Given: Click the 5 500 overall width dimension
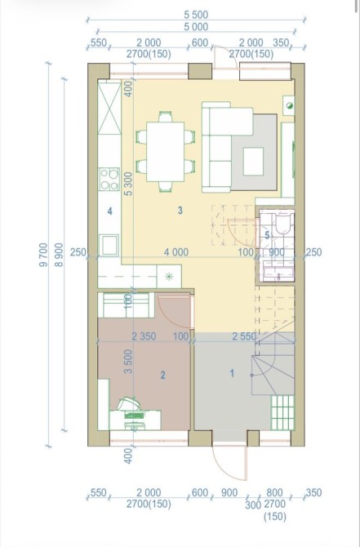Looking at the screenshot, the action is [196, 15].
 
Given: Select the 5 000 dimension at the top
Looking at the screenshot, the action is [196, 26].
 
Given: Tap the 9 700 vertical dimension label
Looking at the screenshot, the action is [43, 255].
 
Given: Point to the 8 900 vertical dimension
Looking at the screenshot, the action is [60, 255].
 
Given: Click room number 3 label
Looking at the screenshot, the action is [180, 211].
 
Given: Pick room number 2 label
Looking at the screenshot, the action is [162, 376].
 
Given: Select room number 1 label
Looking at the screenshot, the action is [232, 373].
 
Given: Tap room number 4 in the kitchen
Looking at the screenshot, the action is [110, 211].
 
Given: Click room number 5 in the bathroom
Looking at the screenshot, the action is [267, 235].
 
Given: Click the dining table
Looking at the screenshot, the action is [166, 152].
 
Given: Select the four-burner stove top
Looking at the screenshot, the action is [109, 180].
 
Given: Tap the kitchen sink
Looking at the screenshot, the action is [109, 245].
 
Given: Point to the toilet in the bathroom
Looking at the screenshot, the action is [283, 222].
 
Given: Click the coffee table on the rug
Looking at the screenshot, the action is [253, 161].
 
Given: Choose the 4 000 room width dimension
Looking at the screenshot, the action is [176, 252].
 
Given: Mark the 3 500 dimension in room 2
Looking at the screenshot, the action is [129, 362].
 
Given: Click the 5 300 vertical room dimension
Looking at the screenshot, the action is [129, 184].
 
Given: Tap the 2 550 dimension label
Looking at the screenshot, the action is [244, 336].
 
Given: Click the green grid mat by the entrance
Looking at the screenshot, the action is [282, 412].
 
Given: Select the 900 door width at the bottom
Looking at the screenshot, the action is [229, 492].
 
